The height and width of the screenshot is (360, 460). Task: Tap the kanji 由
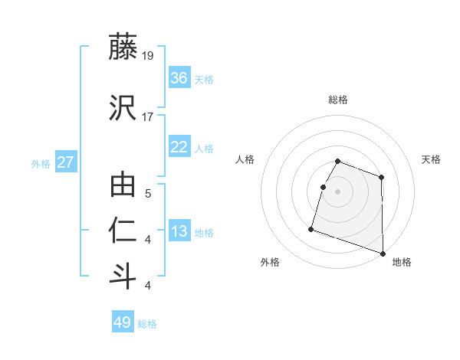(123, 186)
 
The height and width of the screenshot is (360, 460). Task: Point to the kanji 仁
(123, 231)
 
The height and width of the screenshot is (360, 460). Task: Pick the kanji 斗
(123, 276)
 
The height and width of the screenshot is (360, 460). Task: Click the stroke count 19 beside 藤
(148, 55)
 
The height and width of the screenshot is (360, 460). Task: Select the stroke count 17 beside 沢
(148, 116)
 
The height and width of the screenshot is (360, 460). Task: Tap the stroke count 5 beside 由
(147, 195)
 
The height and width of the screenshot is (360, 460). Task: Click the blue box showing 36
(179, 78)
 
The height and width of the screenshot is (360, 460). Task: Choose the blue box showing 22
(179, 147)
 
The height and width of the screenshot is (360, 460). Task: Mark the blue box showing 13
(179, 231)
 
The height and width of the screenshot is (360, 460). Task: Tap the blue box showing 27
(66, 162)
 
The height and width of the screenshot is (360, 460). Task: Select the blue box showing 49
(122, 322)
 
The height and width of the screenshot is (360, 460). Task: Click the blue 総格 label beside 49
(147, 324)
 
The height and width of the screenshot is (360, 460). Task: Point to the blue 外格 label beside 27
(41, 163)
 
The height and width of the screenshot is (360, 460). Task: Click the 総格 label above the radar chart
(338, 100)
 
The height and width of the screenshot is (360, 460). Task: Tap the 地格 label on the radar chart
(402, 262)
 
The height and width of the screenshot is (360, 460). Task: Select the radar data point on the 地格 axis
(382, 253)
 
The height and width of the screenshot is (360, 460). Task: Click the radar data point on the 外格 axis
(311, 228)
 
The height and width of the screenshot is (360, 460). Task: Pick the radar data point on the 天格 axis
(381, 178)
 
